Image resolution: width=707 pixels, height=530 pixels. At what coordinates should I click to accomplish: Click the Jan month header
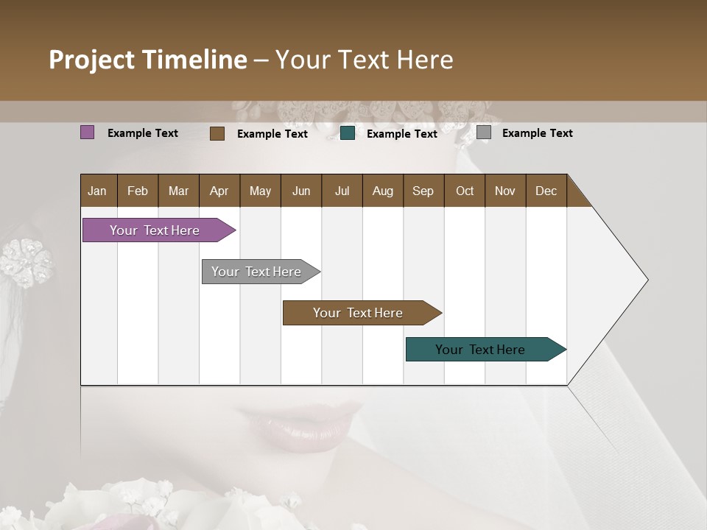pos(97,191)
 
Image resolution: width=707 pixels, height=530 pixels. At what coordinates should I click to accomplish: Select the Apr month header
pos(219,191)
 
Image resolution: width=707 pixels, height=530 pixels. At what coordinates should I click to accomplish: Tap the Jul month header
pos(342,191)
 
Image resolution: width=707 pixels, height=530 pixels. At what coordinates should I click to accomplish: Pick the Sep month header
pos(423,191)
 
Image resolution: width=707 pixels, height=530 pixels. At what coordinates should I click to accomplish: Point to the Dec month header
pos(546,191)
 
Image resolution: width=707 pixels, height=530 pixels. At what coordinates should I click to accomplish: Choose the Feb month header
pos(138,191)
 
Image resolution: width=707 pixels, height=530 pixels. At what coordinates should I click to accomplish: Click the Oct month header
pos(465,191)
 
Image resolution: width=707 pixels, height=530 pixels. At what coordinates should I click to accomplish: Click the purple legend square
pos(87,132)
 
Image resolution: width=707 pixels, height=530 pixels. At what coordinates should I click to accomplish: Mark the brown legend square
pos(217,133)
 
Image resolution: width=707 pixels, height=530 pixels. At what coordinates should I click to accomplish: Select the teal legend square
pos(348,133)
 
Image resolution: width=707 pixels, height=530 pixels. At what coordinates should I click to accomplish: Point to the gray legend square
pos(484,132)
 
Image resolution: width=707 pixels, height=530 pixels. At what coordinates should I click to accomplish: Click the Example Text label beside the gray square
pos(537,133)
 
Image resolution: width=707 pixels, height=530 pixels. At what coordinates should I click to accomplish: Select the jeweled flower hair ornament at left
pos(26,261)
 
